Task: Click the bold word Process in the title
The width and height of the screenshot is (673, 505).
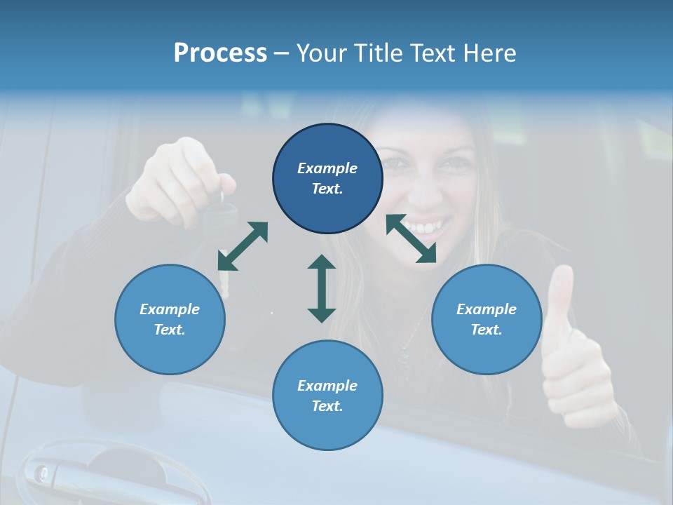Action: [x=220, y=53]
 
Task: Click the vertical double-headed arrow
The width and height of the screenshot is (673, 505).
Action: [x=322, y=289]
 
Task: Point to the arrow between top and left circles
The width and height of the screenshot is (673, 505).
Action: [x=243, y=246]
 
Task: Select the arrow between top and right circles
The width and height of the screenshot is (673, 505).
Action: [x=412, y=238]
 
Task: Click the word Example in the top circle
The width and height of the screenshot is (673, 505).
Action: [x=327, y=168]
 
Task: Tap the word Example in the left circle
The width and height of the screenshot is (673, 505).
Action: [x=170, y=309]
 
